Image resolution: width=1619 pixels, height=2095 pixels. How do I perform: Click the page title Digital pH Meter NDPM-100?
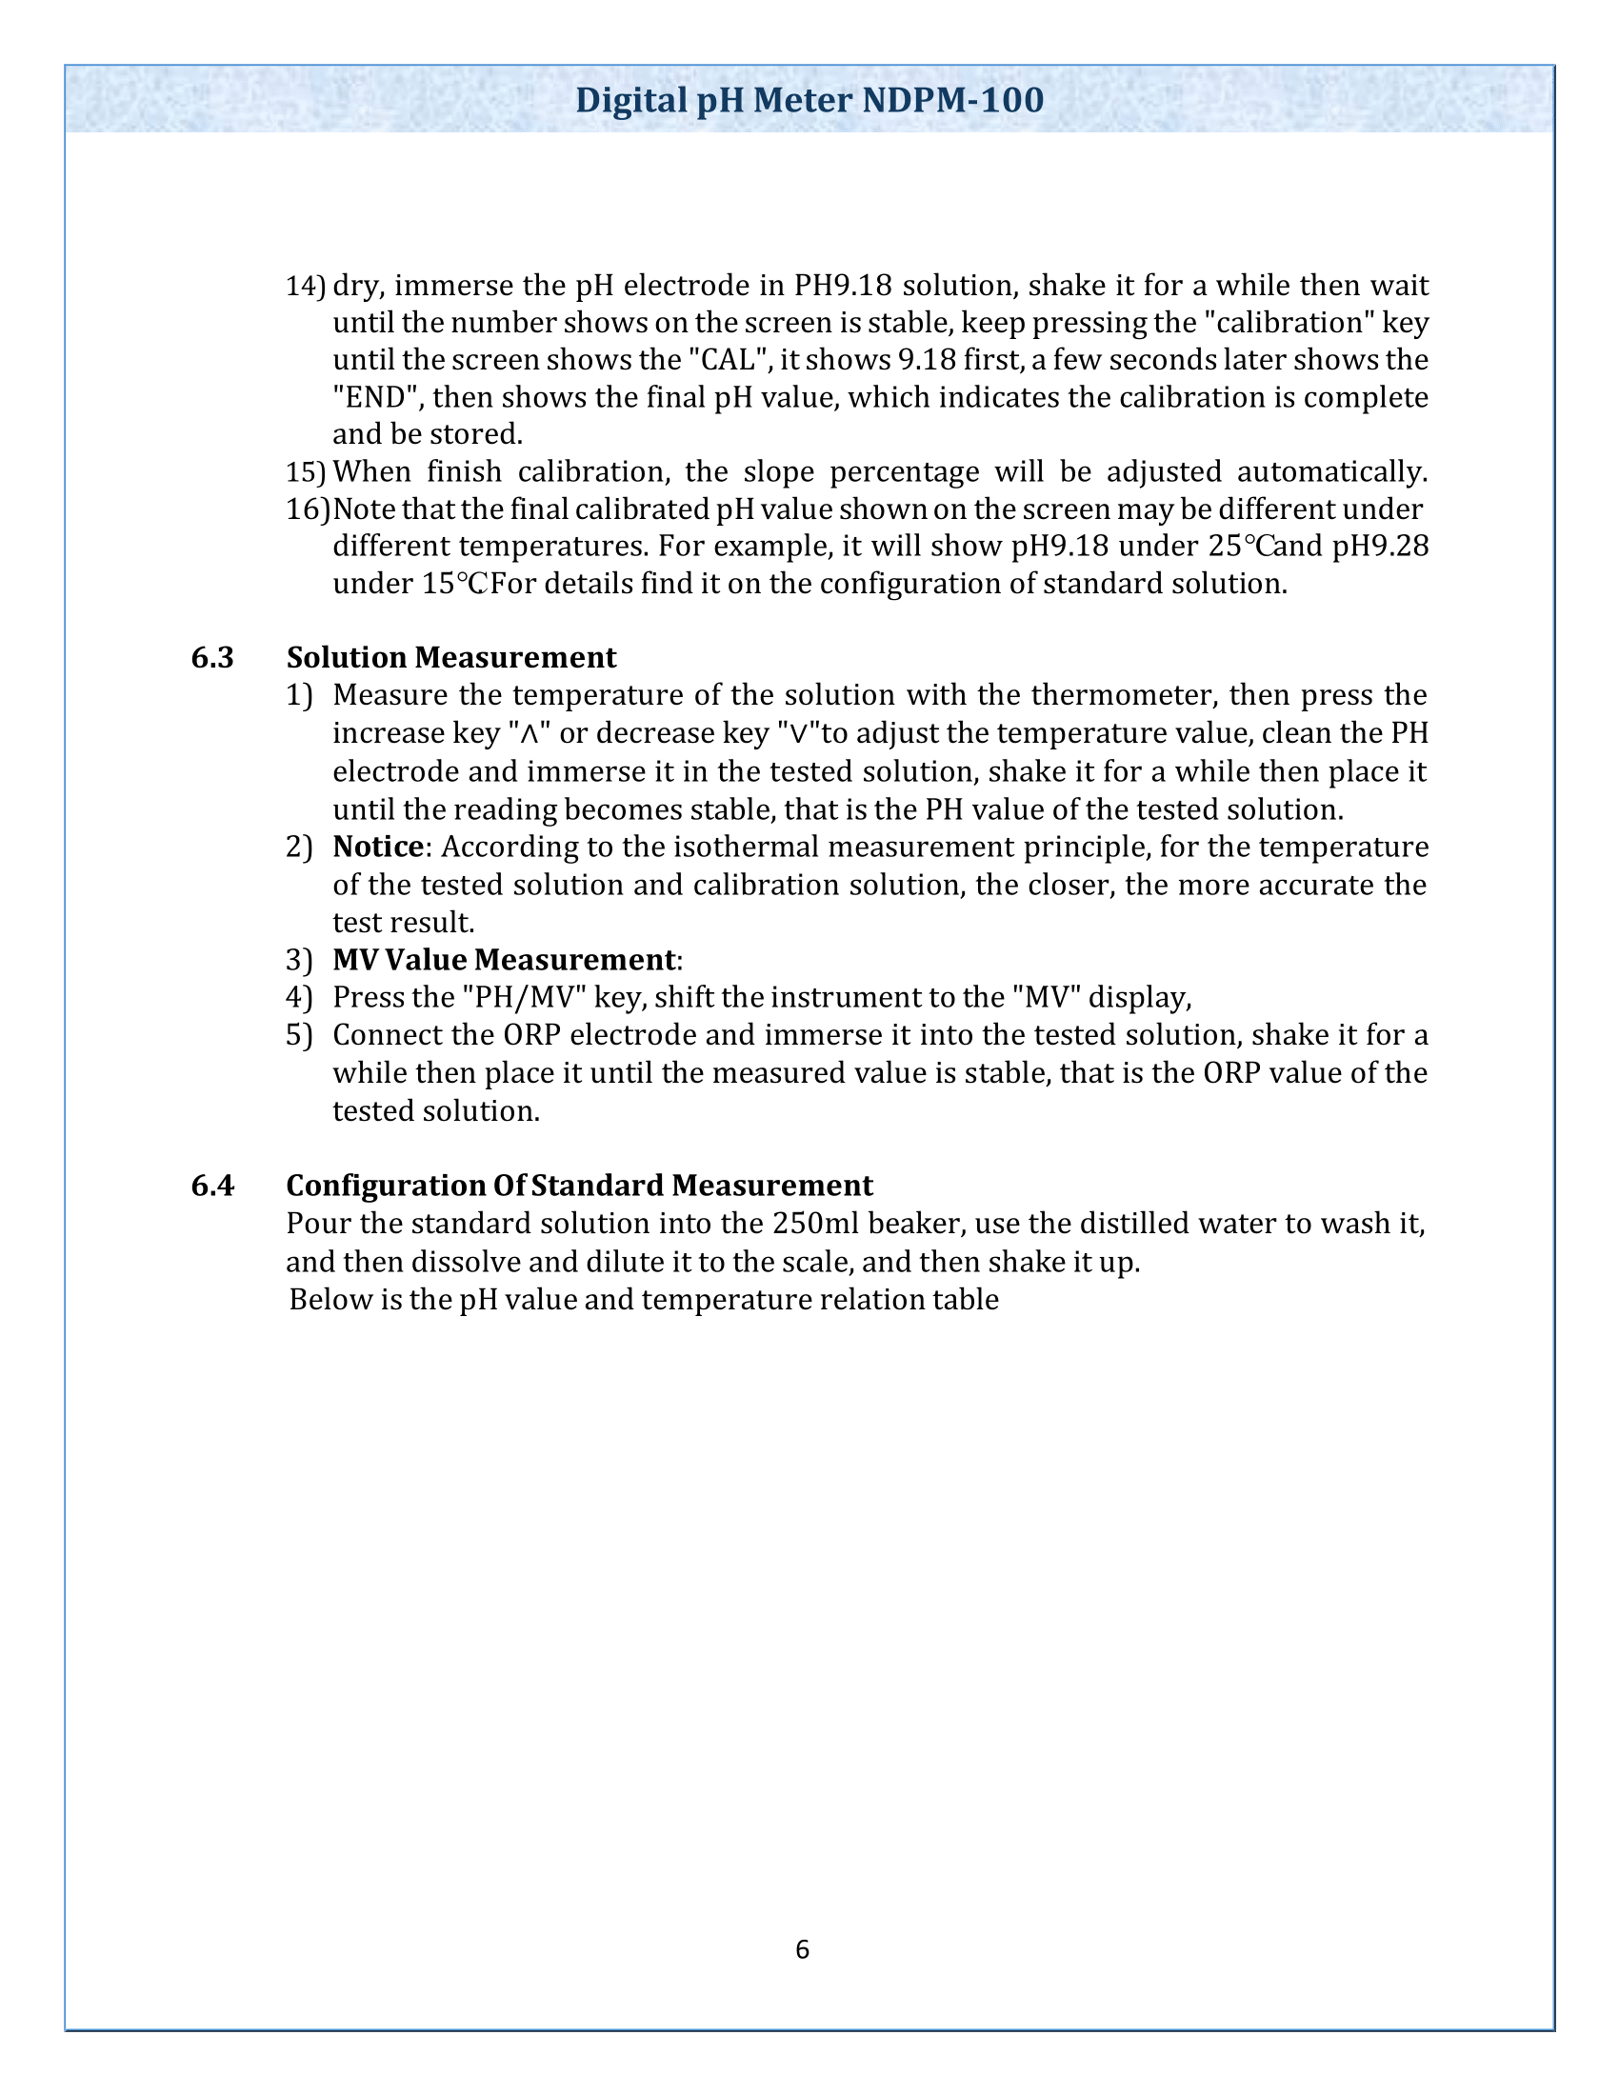809,101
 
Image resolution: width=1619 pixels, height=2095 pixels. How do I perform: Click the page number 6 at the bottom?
802,1949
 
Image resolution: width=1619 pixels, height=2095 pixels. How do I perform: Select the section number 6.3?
212,658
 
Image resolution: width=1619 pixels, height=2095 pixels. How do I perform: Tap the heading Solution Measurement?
450,658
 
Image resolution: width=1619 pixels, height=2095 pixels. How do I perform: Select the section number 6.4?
212,1186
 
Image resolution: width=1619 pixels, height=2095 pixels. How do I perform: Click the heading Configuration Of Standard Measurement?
579,1186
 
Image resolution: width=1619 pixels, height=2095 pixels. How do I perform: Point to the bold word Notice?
378,847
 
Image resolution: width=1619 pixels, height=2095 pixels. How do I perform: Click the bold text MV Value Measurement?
505,960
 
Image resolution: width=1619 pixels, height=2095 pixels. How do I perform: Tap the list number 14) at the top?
305,286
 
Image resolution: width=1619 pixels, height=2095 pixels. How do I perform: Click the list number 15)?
305,472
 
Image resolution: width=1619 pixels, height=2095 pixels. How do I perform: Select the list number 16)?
307,509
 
